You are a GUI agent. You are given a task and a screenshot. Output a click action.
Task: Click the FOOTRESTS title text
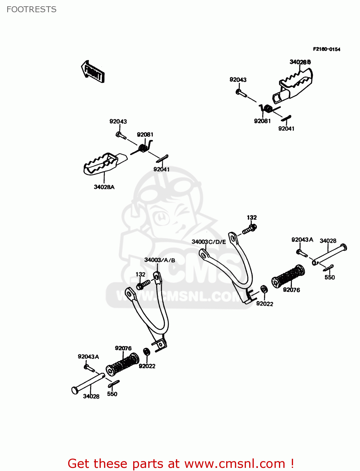click(x=31, y=9)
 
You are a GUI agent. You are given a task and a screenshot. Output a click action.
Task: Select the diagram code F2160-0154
click(x=326, y=49)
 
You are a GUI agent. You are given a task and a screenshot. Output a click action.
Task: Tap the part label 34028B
click(x=300, y=62)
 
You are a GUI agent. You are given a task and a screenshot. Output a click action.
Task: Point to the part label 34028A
click(x=104, y=187)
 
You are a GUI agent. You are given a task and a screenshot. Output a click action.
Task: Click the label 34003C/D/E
click(x=209, y=242)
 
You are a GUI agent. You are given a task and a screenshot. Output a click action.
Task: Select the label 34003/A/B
click(x=160, y=260)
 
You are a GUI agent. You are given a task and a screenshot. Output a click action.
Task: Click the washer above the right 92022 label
click(x=264, y=289)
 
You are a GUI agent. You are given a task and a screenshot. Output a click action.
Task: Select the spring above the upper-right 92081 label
click(x=267, y=109)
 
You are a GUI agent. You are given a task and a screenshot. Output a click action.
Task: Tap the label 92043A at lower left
click(x=88, y=357)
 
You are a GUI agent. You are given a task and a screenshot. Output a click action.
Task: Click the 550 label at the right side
click(x=330, y=278)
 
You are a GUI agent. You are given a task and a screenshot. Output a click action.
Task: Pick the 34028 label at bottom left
click(x=91, y=397)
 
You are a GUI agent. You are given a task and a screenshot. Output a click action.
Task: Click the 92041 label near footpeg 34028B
click(x=286, y=129)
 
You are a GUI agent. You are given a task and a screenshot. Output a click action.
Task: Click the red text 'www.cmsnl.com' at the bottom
click(x=235, y=464)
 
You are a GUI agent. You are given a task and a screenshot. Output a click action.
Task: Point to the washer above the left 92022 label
click(x=146, y=351)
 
